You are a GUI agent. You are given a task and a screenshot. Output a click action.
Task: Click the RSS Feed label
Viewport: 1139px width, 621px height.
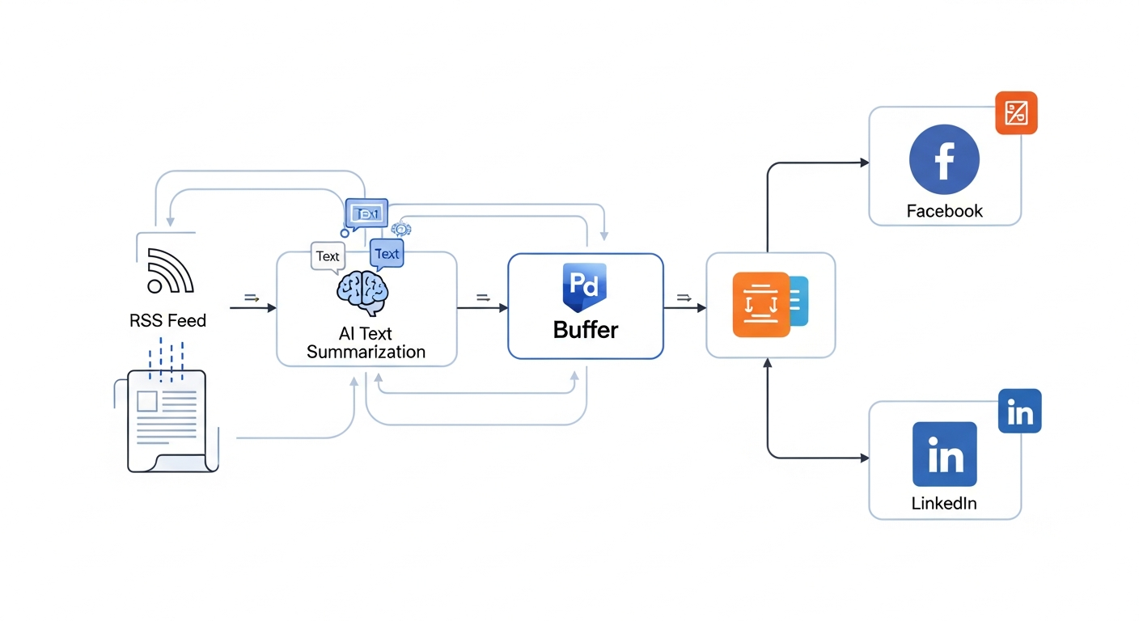click(x=167, y=321)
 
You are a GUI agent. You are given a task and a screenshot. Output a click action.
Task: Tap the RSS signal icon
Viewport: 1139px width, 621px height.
click(x=170, y=271)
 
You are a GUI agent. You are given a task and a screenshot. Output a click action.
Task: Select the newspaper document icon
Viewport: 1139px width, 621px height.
click(x=167, y=420)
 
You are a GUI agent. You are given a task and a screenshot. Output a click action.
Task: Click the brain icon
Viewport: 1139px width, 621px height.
click(x=362, y=291)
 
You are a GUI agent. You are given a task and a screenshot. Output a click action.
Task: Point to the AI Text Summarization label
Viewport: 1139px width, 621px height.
click(x=366, y=343)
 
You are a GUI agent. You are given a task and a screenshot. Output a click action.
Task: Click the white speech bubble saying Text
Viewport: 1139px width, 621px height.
click(x=328, y=256)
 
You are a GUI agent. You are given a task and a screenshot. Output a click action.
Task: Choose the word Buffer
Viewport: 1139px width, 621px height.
click(x=586, y=330)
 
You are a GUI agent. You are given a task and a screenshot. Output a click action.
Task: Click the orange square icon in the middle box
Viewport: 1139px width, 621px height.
click(x=760, y=305)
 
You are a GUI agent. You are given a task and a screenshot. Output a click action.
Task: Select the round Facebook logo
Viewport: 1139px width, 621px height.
click(x=944, y=159)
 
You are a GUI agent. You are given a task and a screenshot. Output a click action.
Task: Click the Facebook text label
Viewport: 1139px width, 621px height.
click(x=944, y=211)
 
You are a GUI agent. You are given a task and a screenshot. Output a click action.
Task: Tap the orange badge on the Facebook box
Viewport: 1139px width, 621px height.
click(x=1015, y=112)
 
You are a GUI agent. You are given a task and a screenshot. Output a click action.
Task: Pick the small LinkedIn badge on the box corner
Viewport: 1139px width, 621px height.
click(x=1019, y=411)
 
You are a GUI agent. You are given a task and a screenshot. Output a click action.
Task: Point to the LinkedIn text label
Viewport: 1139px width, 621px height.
click(x=944, y=503)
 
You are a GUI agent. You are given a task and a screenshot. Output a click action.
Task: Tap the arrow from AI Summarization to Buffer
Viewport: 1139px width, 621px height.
click(x=483, y=307)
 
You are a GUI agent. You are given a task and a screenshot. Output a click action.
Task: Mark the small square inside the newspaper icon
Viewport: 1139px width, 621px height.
click(x=147, y=401)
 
